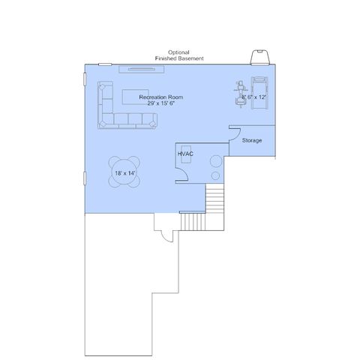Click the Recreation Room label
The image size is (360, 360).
[161, 97]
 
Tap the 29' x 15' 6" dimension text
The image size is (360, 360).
[160, 103]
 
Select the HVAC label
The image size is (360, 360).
[185, 154]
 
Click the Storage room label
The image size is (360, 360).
[252, 140]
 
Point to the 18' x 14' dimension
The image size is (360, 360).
[125, 173]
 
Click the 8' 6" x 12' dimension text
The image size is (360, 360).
[253, 97]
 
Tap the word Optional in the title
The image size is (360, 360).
[178, 52]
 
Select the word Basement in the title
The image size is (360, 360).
[190, 58]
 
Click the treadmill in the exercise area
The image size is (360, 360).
[259, 93]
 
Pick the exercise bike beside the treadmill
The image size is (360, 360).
[241, 94]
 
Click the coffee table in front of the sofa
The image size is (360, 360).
[136, 97]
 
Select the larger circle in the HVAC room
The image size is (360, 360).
[216, 161]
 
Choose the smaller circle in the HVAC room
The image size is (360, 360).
[215, 175]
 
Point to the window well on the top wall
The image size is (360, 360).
[260, 58]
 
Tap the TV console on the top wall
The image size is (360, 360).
[142, 69]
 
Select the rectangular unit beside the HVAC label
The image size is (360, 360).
[186, 154]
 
